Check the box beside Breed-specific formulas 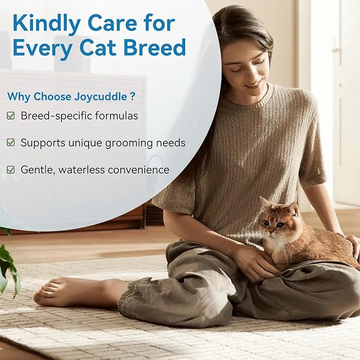[11, 116]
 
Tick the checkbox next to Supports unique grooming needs [11, 143]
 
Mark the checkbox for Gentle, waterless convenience [11, 170]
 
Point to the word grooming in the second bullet [128, 143]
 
